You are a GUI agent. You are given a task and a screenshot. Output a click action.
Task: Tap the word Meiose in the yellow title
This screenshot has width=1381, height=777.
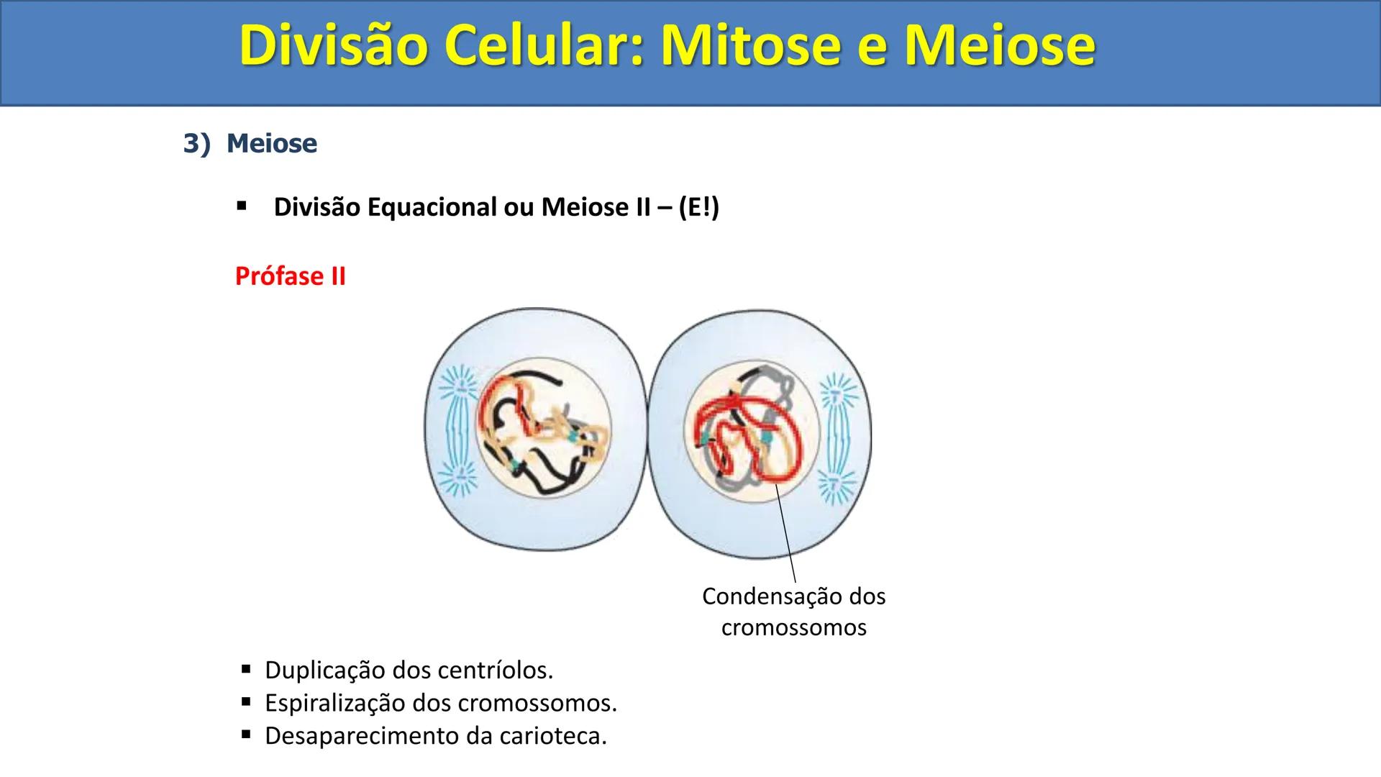pos(1000,46)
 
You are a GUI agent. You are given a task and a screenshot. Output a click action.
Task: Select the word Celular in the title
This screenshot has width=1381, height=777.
pos(536,46)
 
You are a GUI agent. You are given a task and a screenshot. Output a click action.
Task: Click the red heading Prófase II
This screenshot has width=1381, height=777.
pos(290,276)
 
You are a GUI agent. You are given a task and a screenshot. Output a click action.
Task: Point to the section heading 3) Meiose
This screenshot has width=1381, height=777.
pos(250,143)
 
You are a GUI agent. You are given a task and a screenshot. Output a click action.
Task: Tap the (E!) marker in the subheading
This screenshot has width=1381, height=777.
pos(698,207)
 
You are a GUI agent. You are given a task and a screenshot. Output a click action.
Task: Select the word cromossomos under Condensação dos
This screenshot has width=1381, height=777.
pos(793,627)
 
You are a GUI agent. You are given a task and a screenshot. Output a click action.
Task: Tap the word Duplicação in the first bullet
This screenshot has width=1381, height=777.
pos(325,671)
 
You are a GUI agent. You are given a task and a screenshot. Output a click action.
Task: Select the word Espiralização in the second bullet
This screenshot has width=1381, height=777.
pos(334,703)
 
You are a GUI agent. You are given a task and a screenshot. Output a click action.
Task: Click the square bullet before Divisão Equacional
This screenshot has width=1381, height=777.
pos(242,207)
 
